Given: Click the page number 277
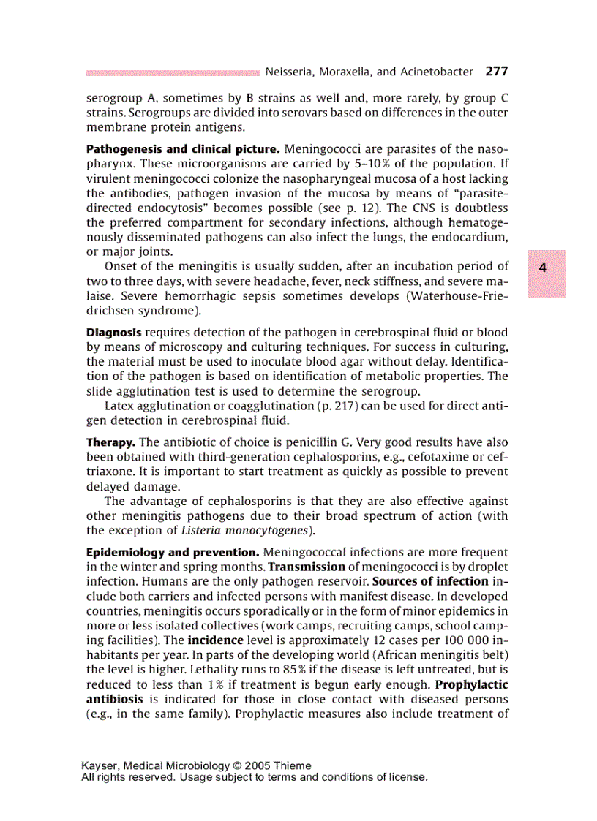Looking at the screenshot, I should coord(496,72).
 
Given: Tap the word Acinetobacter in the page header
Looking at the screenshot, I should coord(435,72).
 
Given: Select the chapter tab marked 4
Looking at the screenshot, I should coord(542,268).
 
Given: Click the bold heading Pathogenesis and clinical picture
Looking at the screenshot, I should coord(182,148).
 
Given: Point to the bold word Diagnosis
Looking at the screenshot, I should coord(113,332).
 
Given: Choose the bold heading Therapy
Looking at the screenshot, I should coord(110,442).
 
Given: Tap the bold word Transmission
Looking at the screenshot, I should coord(307,566).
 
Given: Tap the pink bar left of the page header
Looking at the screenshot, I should coord(172,72).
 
